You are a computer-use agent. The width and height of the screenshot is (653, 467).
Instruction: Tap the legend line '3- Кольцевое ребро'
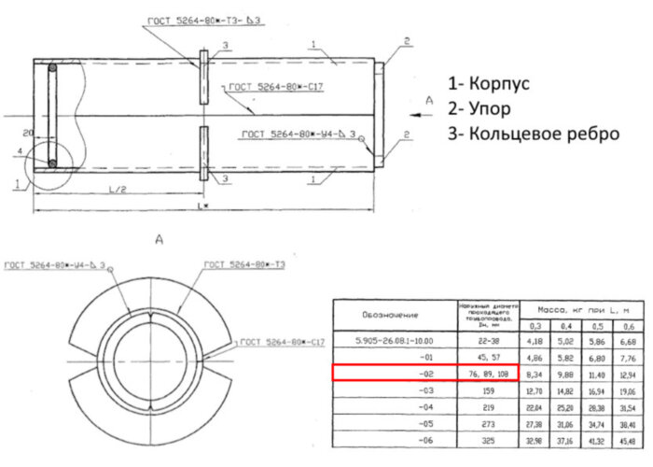point(533,134)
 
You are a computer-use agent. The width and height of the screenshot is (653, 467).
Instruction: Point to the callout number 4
point(19,149)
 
